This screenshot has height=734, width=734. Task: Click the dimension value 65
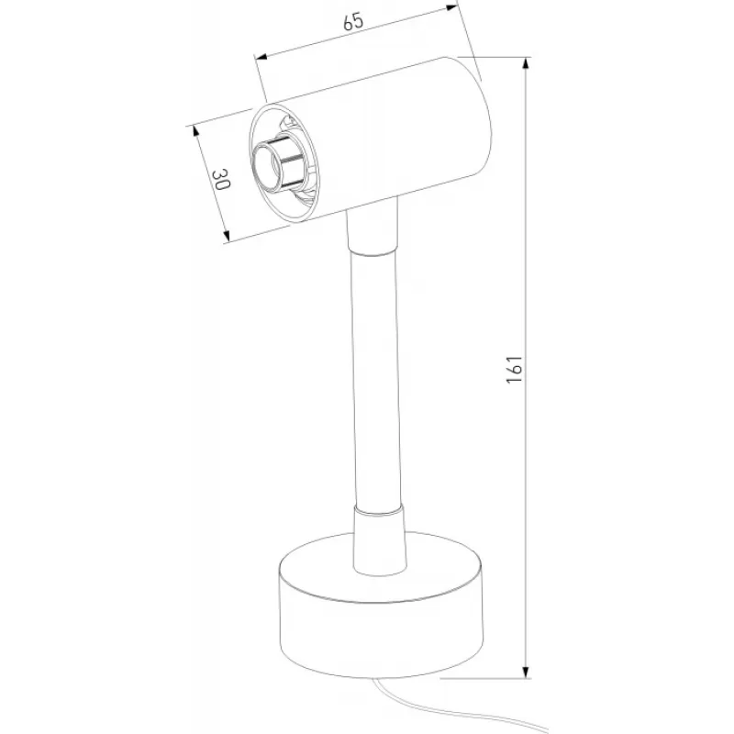tap(353, 21)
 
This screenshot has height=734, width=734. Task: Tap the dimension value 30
tap(220, 179)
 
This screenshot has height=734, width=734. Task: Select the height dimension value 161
tap(514, 369)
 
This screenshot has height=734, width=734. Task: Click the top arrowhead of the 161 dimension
tap(527, 63)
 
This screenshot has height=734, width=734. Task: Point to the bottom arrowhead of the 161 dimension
tap(527, 672)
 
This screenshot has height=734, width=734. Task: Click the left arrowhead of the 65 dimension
tap(261, 57)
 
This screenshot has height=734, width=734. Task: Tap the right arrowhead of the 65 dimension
tap(451, 7)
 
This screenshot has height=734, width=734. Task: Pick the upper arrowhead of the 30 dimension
tap(195, 131)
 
